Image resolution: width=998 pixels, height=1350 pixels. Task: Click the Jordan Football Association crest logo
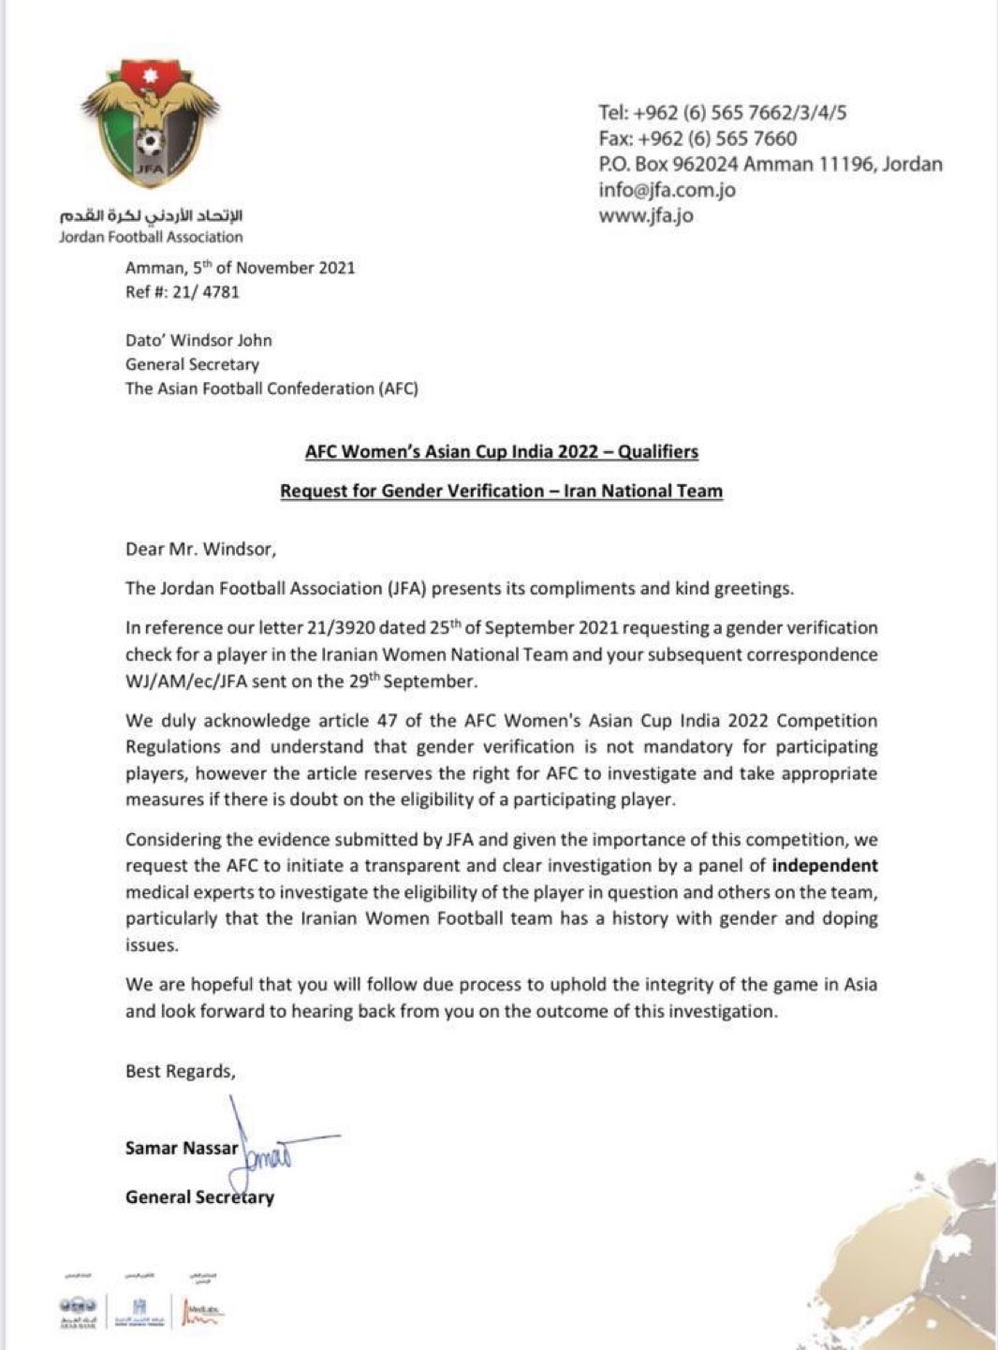(150, 124)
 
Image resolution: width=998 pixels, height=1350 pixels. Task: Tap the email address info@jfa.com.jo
(667, 190)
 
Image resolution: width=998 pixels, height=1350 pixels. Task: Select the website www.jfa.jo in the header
(645, 216)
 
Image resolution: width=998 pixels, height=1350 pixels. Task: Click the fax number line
(697, 139)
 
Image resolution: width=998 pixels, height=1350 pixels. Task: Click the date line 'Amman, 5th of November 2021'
(240, 268)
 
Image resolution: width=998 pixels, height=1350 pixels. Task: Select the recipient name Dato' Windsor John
(198, 340)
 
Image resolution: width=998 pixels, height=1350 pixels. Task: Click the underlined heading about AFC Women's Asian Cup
(501, 452)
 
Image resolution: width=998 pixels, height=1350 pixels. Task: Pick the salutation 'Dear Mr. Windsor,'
(200, 550)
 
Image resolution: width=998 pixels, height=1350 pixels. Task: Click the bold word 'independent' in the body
(824, 866)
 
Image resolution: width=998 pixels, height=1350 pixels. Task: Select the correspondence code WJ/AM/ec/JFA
(185, 682)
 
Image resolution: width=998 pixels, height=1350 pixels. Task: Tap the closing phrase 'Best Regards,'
(180, 1072)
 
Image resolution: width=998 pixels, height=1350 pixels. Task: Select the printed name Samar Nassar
(182, 1149)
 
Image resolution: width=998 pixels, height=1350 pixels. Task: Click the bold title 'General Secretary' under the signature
(199, 1197)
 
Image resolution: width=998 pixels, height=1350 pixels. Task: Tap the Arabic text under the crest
(150, 216)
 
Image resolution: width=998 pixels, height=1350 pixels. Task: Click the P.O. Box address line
(770, 165)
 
